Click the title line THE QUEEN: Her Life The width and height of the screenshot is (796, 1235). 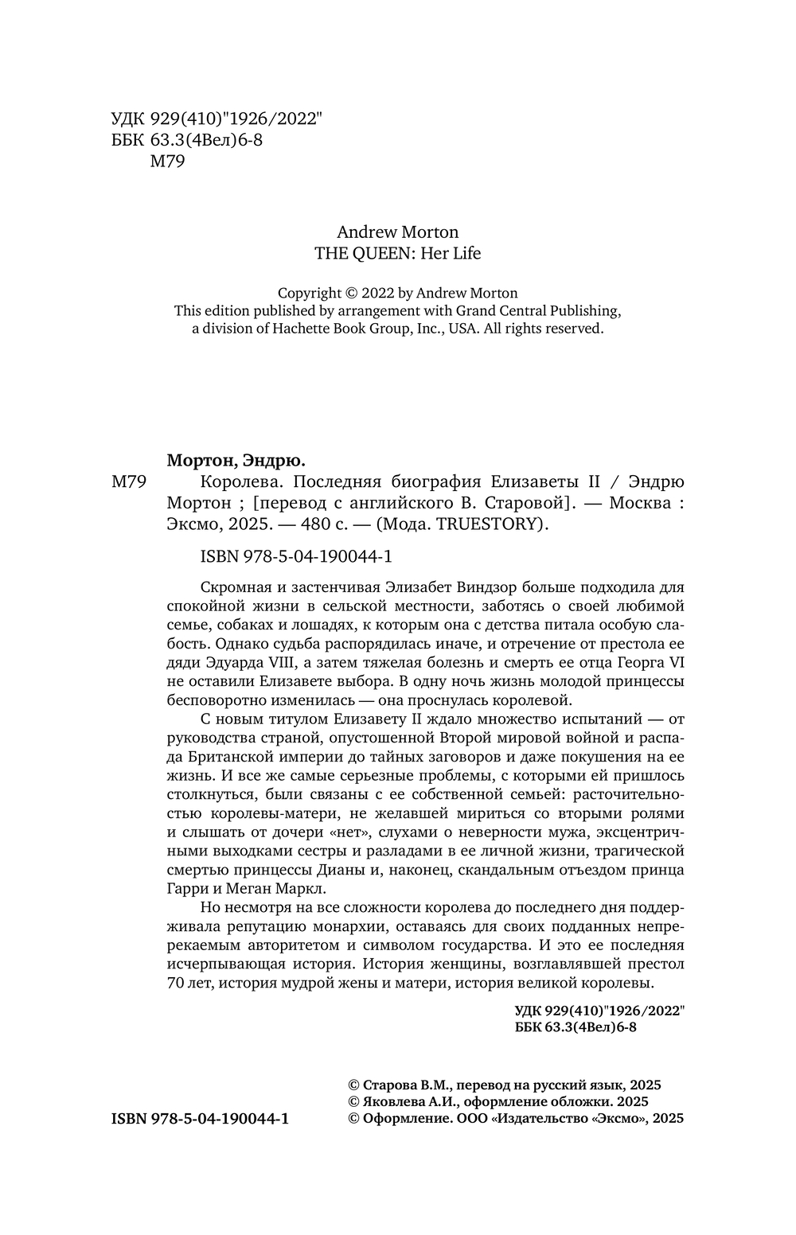click(x=398, y=254)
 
